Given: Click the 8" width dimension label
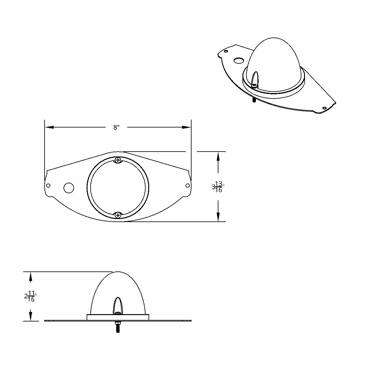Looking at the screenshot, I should [116, 127].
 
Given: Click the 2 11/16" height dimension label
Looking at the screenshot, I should [30, 296].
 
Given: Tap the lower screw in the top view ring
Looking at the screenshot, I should [118, 215].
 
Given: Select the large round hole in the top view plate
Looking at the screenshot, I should [69, 188].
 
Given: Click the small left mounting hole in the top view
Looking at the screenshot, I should [48, 185].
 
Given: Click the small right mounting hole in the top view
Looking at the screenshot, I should [188, 185].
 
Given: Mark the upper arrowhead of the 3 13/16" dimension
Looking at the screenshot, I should [218, 156].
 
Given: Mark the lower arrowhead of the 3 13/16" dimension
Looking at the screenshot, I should [218, 217].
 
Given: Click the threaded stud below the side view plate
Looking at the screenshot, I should [118, 328].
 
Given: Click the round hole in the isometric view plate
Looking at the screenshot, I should [238, 61].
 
